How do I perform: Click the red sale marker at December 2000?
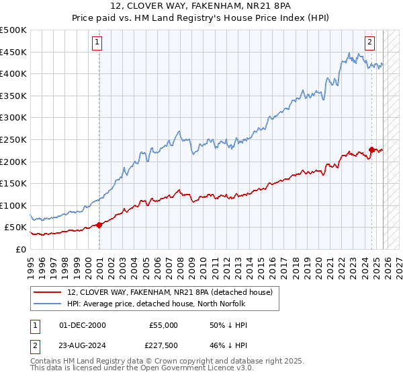pos(99,225)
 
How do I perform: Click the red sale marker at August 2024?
pos(371,149)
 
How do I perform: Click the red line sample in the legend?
pos(47,292)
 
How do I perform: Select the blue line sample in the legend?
pos(47,304)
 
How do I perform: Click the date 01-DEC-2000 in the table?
pos(82,325)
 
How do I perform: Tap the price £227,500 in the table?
pos(163,345)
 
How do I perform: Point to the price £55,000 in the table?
pos(163,325)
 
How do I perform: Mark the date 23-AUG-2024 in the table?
pos(83,345)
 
